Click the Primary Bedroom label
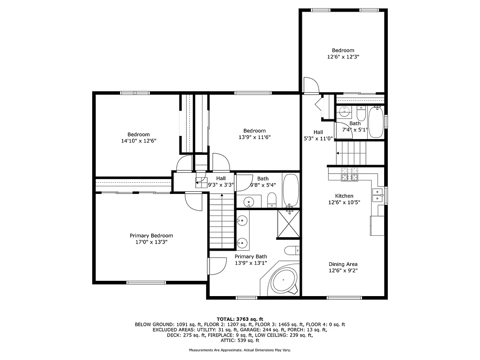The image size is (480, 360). [x=151, y=235]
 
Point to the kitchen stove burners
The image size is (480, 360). [x=350, y=174]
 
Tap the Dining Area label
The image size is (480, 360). [x=343, y=264]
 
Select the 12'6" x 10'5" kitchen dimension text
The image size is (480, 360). [x=344, y=202]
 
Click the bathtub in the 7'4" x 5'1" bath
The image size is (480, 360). [x=376, y=122]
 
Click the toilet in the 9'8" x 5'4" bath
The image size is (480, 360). [x=271, y=200]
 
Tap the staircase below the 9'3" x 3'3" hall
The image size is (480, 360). [x=222, y=220]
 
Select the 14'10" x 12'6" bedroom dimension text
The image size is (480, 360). [x=138, y=141]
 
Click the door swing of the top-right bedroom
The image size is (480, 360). [x=310, y=85]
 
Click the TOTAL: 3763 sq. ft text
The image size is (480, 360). [x=240, y=319]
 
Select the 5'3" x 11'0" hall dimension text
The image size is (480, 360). [x=318, y=139]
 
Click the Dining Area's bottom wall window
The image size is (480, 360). [x=344, y=297]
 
